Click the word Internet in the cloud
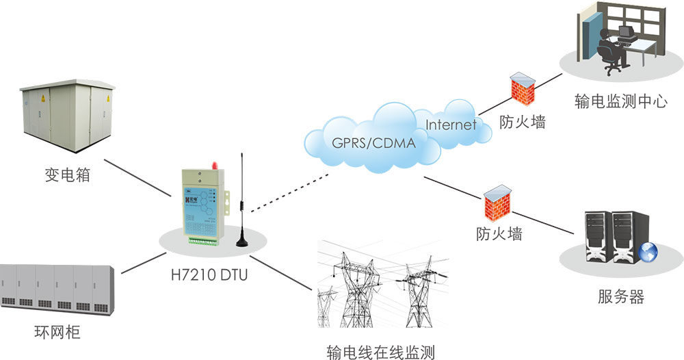[x=451, y=125]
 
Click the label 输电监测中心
[x=620, y=103]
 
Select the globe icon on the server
[x=647, y=253]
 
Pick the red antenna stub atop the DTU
[x=213, y=164]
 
